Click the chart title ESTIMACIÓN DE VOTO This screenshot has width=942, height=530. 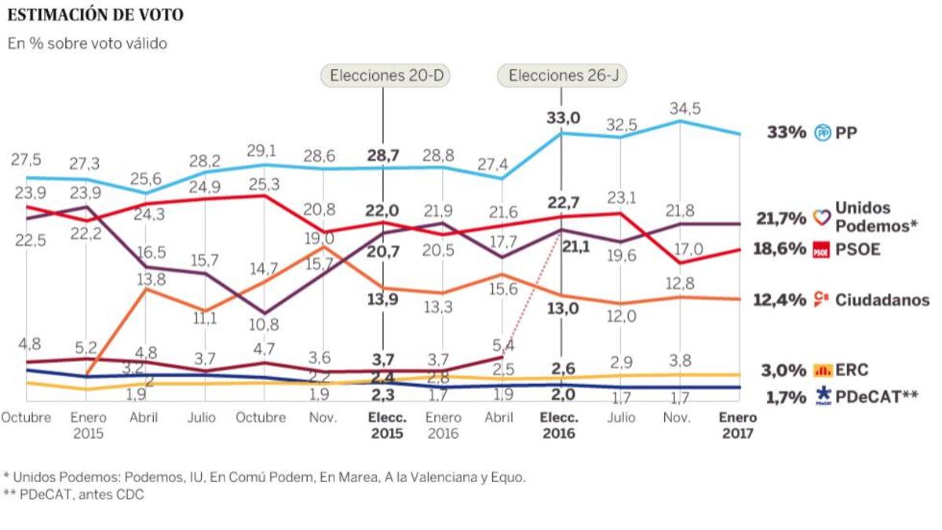[97, 15]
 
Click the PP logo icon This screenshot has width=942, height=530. [823, 133]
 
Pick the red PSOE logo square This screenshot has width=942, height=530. [820, 250]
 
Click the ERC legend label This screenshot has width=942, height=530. [852, 370]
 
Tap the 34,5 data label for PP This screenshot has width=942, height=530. [680, 107]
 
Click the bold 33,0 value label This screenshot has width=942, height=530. [562, 118]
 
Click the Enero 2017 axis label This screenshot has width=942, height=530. [738, 425]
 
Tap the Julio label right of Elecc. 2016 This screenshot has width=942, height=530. [621, 418]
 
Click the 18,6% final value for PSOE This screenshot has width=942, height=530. [779, 250]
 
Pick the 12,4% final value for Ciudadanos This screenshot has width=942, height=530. [779, 300]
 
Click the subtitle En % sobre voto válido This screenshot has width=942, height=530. [87, 44]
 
